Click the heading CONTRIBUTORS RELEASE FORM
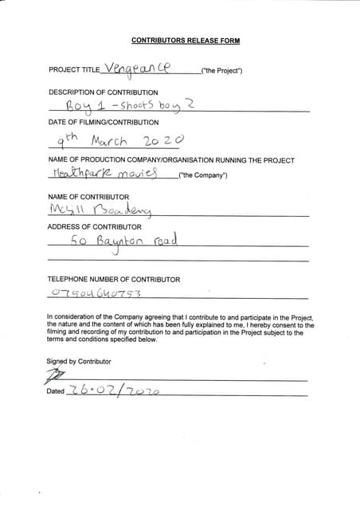[x=185, y=41]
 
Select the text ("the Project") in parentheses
[x=222, y=72]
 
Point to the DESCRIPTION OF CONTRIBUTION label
[x=103, y=92]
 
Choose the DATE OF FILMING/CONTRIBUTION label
[x=104, y=122]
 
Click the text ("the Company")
[x=203, y=175]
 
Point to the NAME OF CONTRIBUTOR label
[x=88, y=196]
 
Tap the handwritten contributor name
[x=100, y=210]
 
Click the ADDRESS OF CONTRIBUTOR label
[x=94, y=227]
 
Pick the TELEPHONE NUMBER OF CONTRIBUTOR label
[x=113, y=280]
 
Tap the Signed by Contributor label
[x=78, y=361]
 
